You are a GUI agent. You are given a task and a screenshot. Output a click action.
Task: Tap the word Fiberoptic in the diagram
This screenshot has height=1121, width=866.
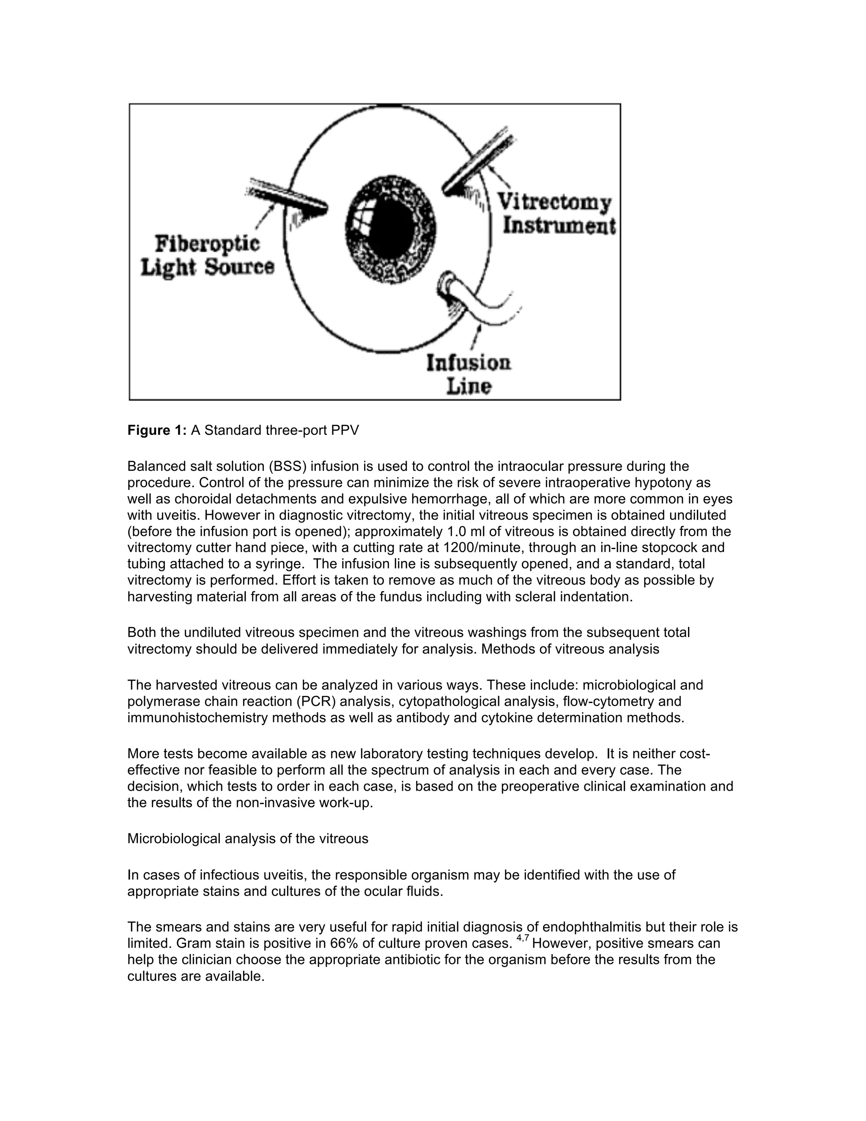click(207, 244)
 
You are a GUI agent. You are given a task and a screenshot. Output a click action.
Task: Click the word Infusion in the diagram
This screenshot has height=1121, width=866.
click(469, 363)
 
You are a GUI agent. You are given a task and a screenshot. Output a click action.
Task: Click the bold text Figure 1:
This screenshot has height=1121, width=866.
click(157, 430)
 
